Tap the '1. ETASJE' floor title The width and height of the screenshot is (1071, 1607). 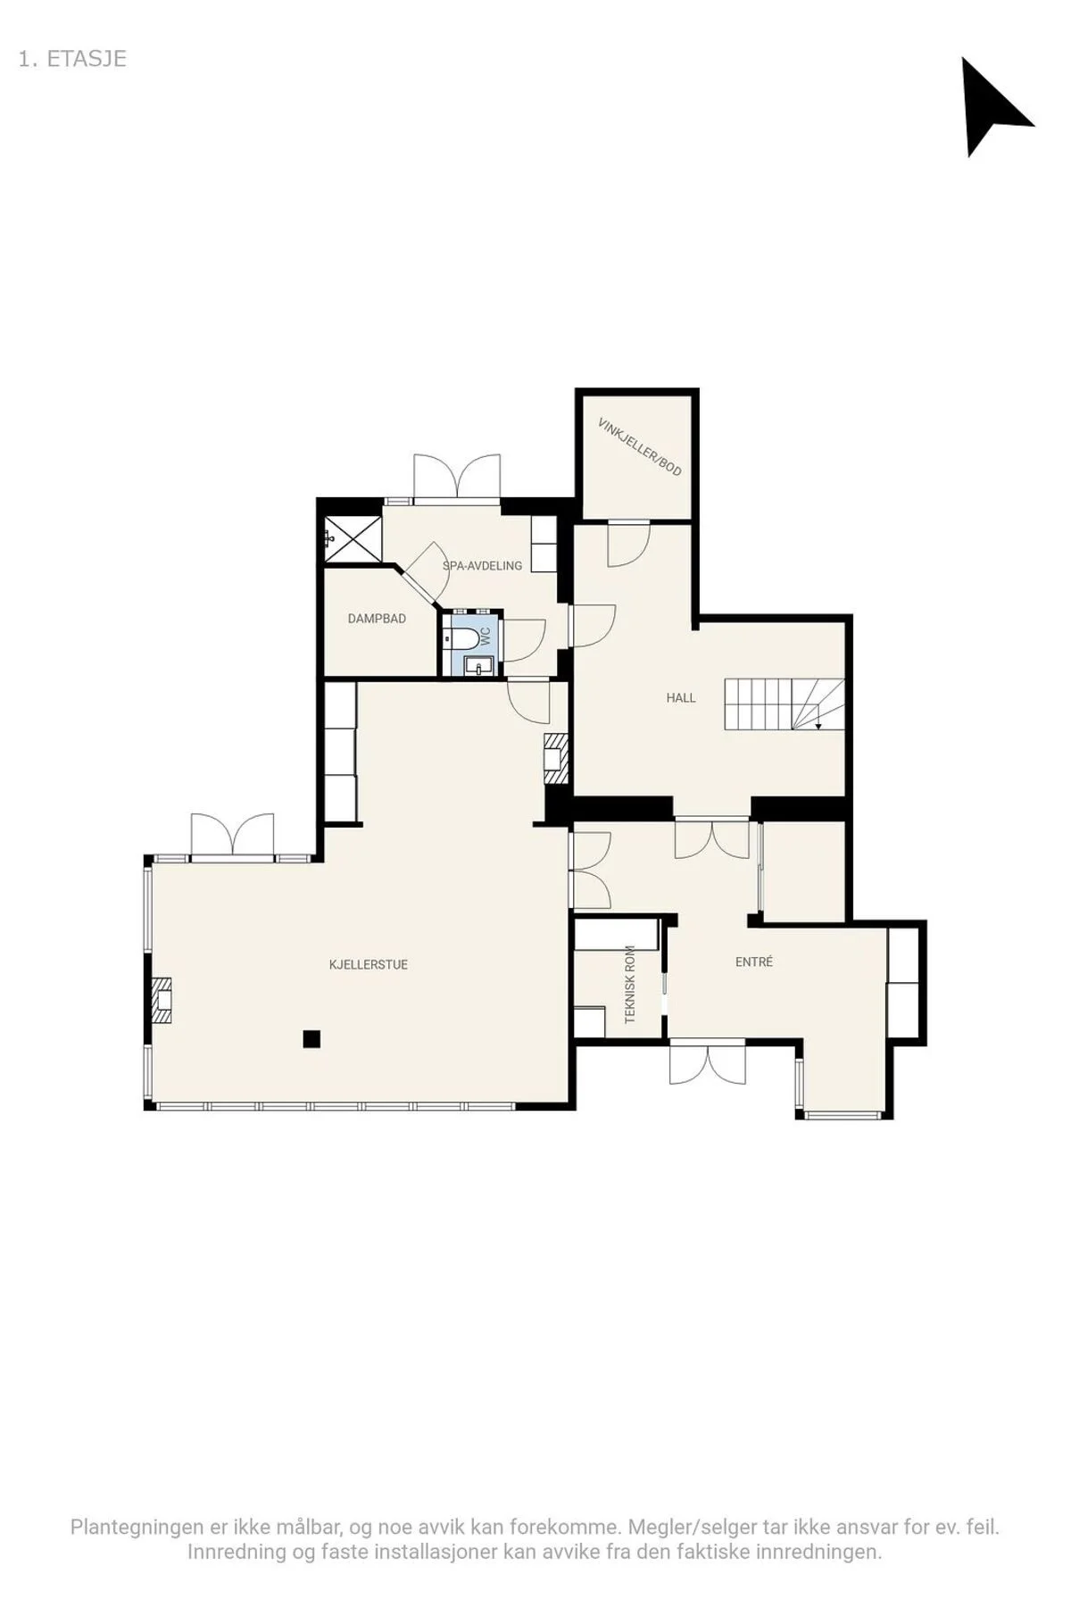coord(72,59)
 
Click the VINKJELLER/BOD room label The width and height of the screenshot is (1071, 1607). coord(640,446)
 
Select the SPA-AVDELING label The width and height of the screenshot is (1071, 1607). coord(482,565)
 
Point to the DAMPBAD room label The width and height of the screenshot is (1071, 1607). coord(377,618)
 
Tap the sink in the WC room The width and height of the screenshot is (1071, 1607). coord(479,666)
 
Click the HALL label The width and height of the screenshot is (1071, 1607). coord(681,698)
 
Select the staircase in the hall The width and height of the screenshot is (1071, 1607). coord(785,705)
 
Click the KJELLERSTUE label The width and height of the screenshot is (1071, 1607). coord(369,964)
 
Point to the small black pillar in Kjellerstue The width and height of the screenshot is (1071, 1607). coord(311,1038)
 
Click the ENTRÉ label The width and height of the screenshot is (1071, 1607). coord(754,962)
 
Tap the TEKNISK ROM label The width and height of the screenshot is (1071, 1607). coord(630,984)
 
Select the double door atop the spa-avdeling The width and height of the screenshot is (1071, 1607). coord(456,476)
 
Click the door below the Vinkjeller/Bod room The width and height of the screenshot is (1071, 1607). coord(628,544)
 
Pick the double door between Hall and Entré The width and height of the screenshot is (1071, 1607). coord(711,838)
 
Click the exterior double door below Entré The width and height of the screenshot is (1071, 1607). coord(708,1062)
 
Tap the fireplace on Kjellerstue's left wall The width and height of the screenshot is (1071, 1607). coord(162,1000)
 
